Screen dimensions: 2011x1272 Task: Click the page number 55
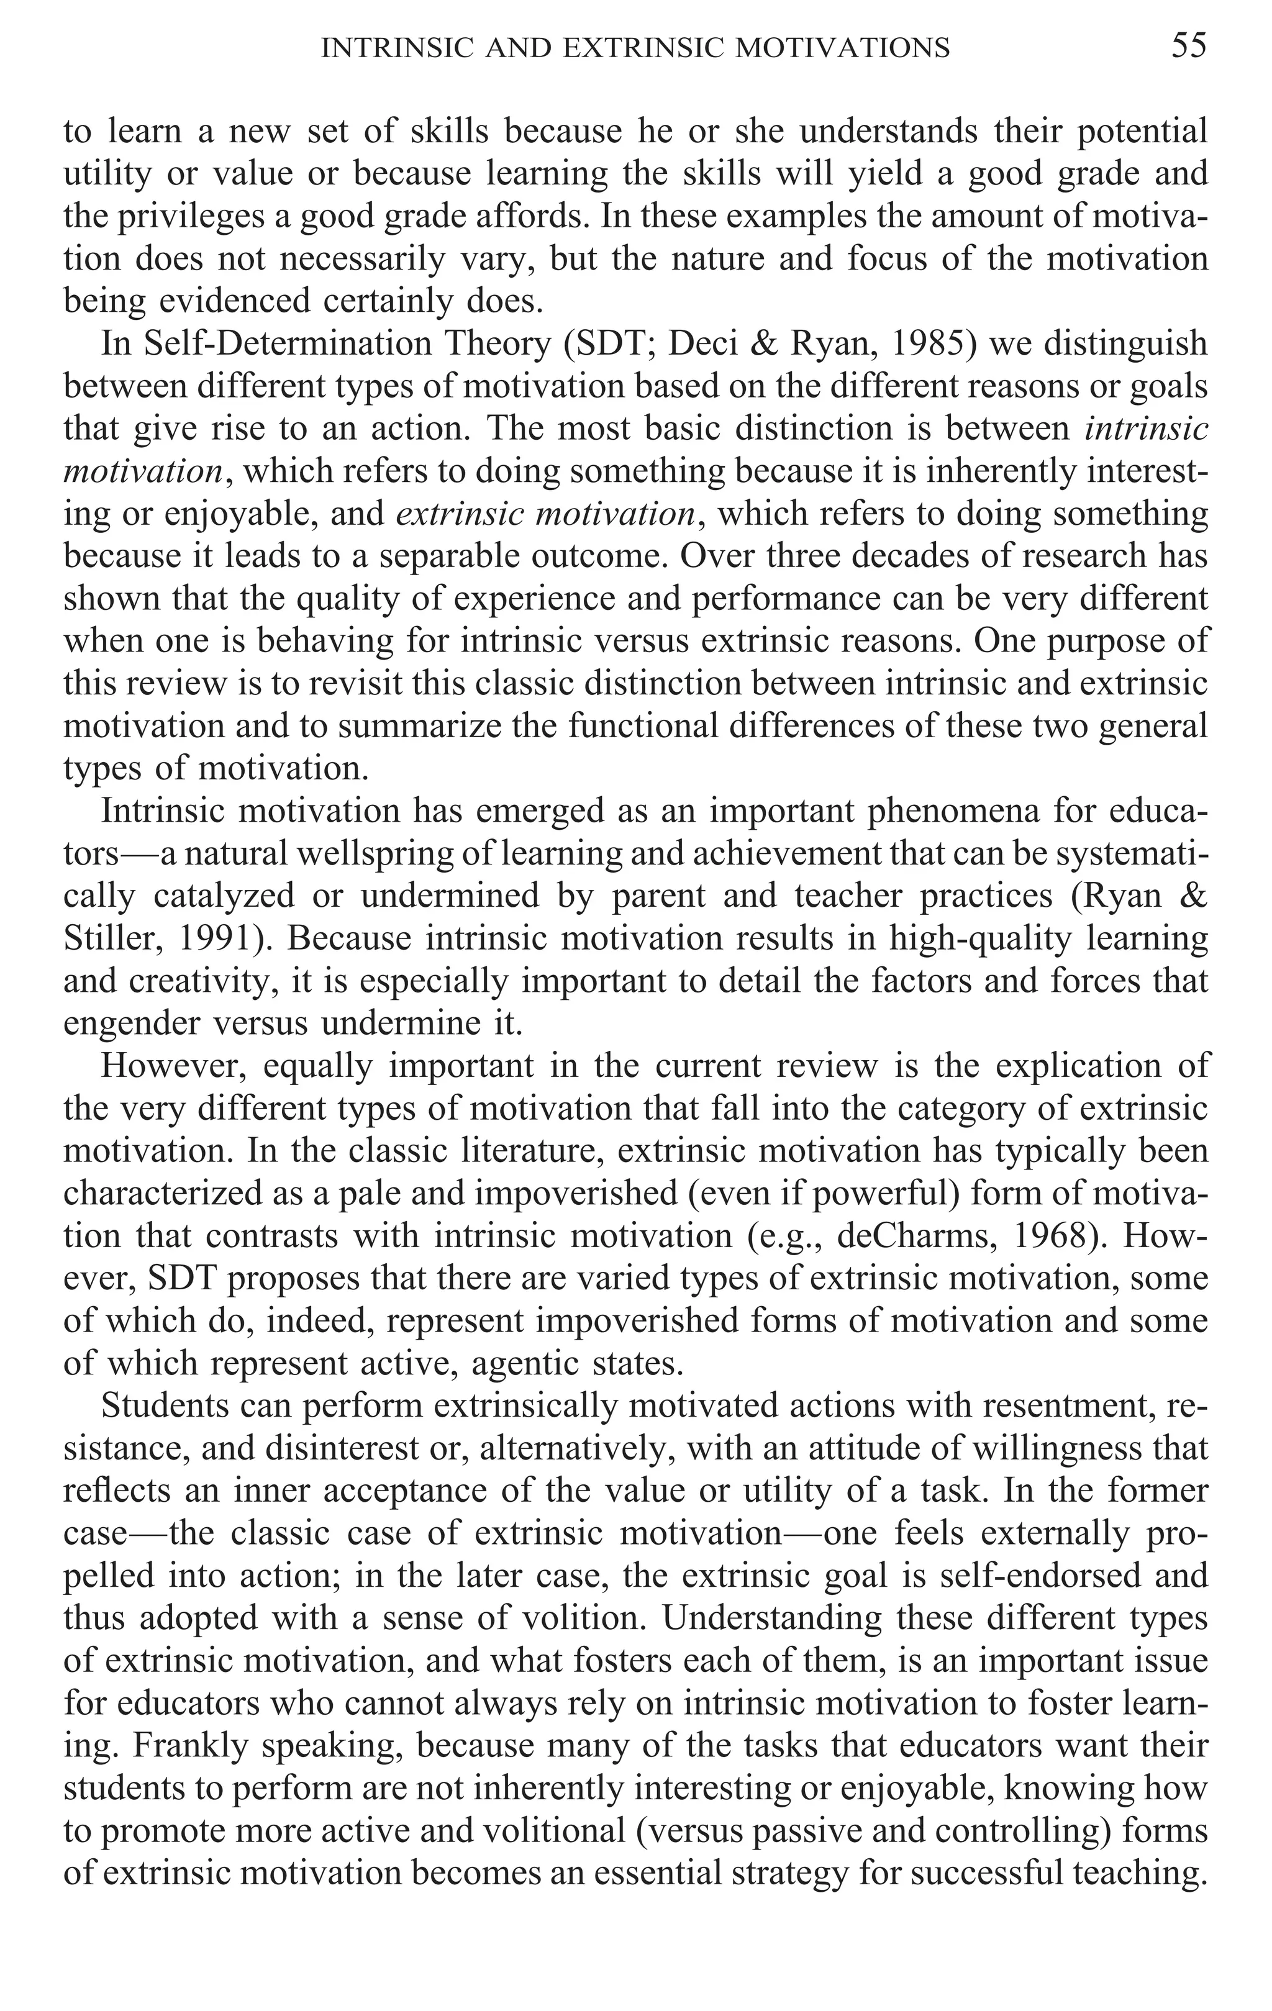[1189, 46]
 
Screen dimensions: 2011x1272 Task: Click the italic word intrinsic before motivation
[1146, 429]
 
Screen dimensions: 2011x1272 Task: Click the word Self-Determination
[276, 344]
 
